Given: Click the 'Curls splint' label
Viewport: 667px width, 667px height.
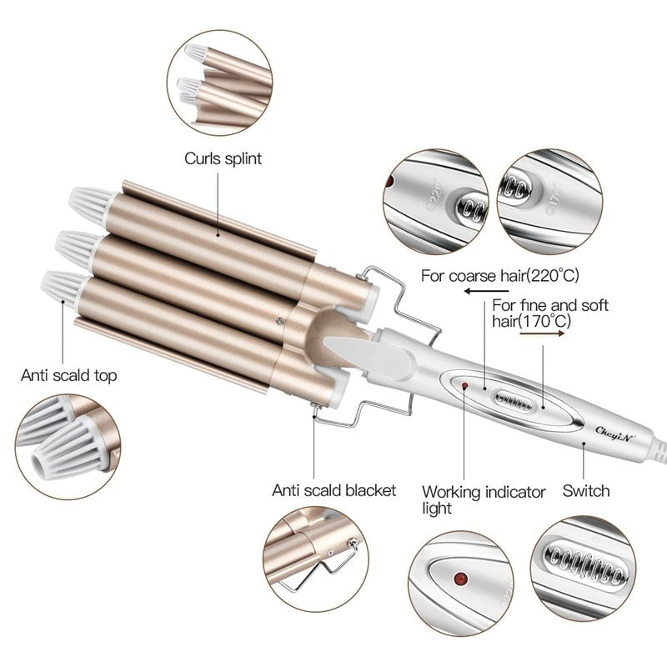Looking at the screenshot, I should [223, 158].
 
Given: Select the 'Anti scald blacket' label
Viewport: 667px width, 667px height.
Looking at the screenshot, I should [333, 489].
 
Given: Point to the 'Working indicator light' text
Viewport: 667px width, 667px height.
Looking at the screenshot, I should [483, 499].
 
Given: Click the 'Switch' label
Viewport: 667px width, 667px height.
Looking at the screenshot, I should [586, 490].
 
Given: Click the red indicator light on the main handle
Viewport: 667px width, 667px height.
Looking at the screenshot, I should [464, 386].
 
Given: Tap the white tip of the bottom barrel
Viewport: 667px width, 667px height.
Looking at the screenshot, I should [61, 286].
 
